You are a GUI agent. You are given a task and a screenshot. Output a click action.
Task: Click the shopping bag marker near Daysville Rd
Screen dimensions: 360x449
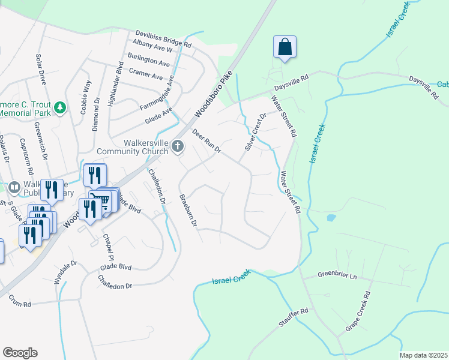(x=285, y=47)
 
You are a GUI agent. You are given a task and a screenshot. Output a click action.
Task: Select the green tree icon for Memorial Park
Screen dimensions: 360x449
(x=59, y=108)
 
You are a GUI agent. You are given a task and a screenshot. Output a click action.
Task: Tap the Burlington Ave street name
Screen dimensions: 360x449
(x=148, y=62)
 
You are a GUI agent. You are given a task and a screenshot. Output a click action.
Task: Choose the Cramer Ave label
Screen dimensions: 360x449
(x=145, y=76)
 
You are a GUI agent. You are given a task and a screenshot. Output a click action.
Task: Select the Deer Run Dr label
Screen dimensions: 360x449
(x=207, y=140)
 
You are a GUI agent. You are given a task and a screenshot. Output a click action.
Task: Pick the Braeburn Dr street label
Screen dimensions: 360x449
(x=188, y=210)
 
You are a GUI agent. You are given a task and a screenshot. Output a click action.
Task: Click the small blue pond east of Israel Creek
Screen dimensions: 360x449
(x=330, y=218)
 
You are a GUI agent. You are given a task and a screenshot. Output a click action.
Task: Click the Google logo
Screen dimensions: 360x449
(x=20, y=352)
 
